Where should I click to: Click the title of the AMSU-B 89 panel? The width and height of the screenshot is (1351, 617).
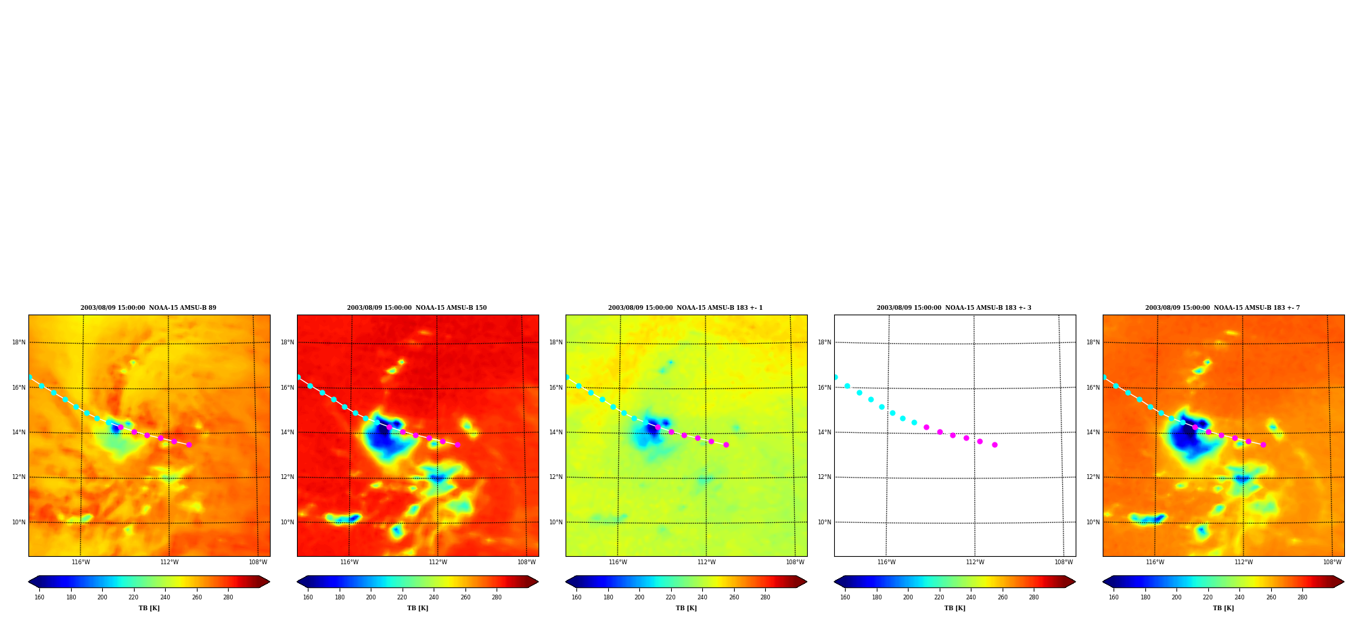(148, 308)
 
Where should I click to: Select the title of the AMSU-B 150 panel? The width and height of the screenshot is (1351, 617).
(417, 308)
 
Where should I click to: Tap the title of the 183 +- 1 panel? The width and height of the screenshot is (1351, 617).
(685, 308)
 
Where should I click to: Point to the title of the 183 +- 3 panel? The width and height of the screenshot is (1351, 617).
(954, 308)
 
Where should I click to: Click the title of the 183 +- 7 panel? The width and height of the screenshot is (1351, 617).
(1222, 308)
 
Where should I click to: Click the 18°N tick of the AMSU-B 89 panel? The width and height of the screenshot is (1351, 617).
(18, 342)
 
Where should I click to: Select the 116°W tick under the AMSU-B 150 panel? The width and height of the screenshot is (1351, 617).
(349, 562)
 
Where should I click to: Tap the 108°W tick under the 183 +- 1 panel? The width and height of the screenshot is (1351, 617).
(795, 562)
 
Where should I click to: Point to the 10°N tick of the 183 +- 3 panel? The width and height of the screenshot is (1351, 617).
(824, 522)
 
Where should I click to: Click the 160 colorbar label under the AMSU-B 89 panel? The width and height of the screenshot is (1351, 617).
(39, 597)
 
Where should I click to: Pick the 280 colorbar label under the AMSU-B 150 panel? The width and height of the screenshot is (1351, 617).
(497, 597)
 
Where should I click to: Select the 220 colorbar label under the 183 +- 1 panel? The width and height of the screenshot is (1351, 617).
(670, 597)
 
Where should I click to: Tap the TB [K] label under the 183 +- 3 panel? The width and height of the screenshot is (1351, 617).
(955, 608)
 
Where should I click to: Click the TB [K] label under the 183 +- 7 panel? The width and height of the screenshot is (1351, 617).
(1223, 608)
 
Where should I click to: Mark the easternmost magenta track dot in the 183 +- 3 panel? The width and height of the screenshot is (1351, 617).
(994, 444)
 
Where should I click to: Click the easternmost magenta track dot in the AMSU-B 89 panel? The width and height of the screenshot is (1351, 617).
(189, 444)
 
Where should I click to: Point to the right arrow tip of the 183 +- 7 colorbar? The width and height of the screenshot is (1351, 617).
(1344, 582)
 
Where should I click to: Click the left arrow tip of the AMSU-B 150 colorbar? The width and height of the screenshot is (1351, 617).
(297, 582)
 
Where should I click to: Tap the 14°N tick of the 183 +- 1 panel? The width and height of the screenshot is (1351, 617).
(555, 432)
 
